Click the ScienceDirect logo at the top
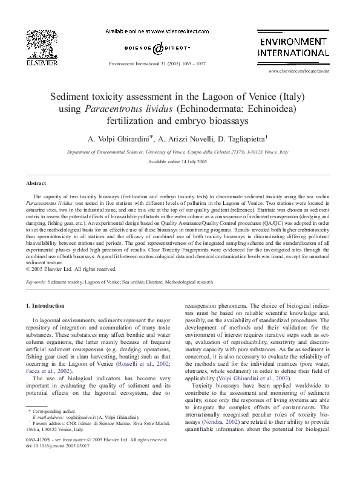tap(157, 48)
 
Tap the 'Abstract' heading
tap(36, 183)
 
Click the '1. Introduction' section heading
tap(49, 306)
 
